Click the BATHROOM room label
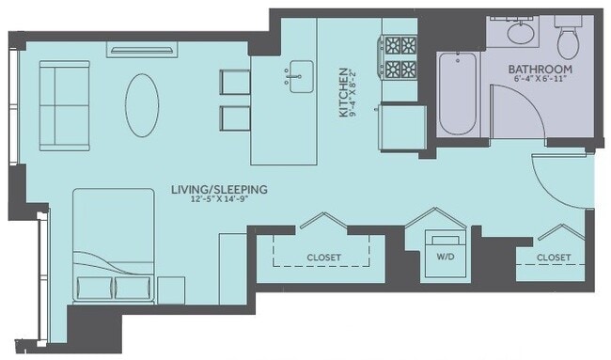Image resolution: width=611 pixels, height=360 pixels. point(540,70)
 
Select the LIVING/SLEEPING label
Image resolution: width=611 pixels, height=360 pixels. point(219,189)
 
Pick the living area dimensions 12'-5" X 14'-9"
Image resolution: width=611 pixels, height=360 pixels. point(219,200)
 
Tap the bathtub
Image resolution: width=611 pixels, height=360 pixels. point(458,95)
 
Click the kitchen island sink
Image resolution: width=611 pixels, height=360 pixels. point(301,76)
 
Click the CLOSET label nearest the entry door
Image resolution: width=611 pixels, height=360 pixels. point(554,257)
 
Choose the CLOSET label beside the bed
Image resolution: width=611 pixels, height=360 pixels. point(323,257)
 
